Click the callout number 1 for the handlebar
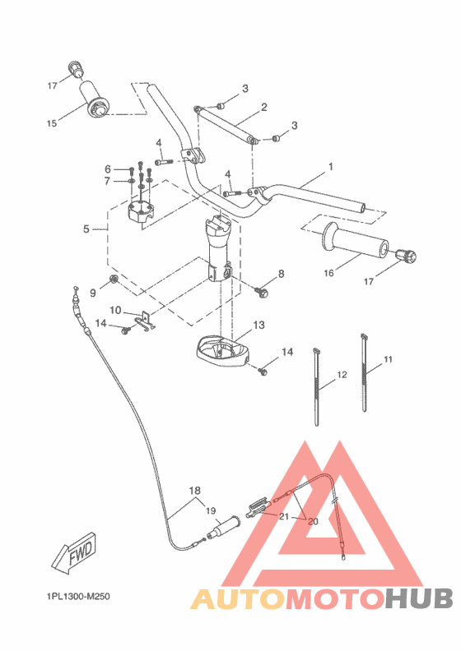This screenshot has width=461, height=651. [330, 167]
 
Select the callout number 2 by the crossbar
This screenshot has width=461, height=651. [264, 107]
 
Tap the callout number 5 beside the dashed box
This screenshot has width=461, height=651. [86, 229]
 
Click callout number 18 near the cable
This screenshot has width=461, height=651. [195, 492]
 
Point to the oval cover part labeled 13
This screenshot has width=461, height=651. [222, 352]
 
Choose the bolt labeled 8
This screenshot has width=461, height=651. [265, 290]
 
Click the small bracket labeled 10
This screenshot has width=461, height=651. [145, 321]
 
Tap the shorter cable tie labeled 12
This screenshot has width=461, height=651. [317, 386]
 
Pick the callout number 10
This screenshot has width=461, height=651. [116, 310]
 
